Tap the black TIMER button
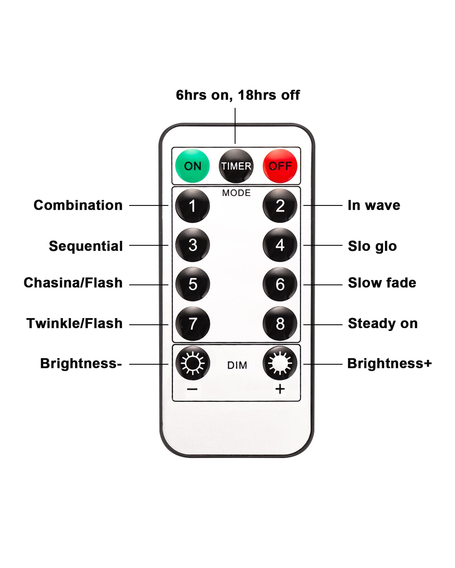click(236, 166)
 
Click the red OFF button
click(280, 166)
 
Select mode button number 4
click(280, 245)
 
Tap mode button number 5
click(193, 284)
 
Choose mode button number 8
click(280, 323)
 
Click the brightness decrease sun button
click(193, 363)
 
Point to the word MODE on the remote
click(236, 193)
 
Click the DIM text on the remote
click(237, 365)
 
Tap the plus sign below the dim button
click(280, 389)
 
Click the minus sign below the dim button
click(192, 389)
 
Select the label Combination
click(78, 205)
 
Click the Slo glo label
click(372, 246)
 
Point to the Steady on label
click(383, 323)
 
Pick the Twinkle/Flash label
click(75, 323)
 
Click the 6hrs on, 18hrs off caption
click(238, 95)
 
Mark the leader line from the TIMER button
click(235, 126)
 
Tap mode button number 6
click(280, 284)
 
